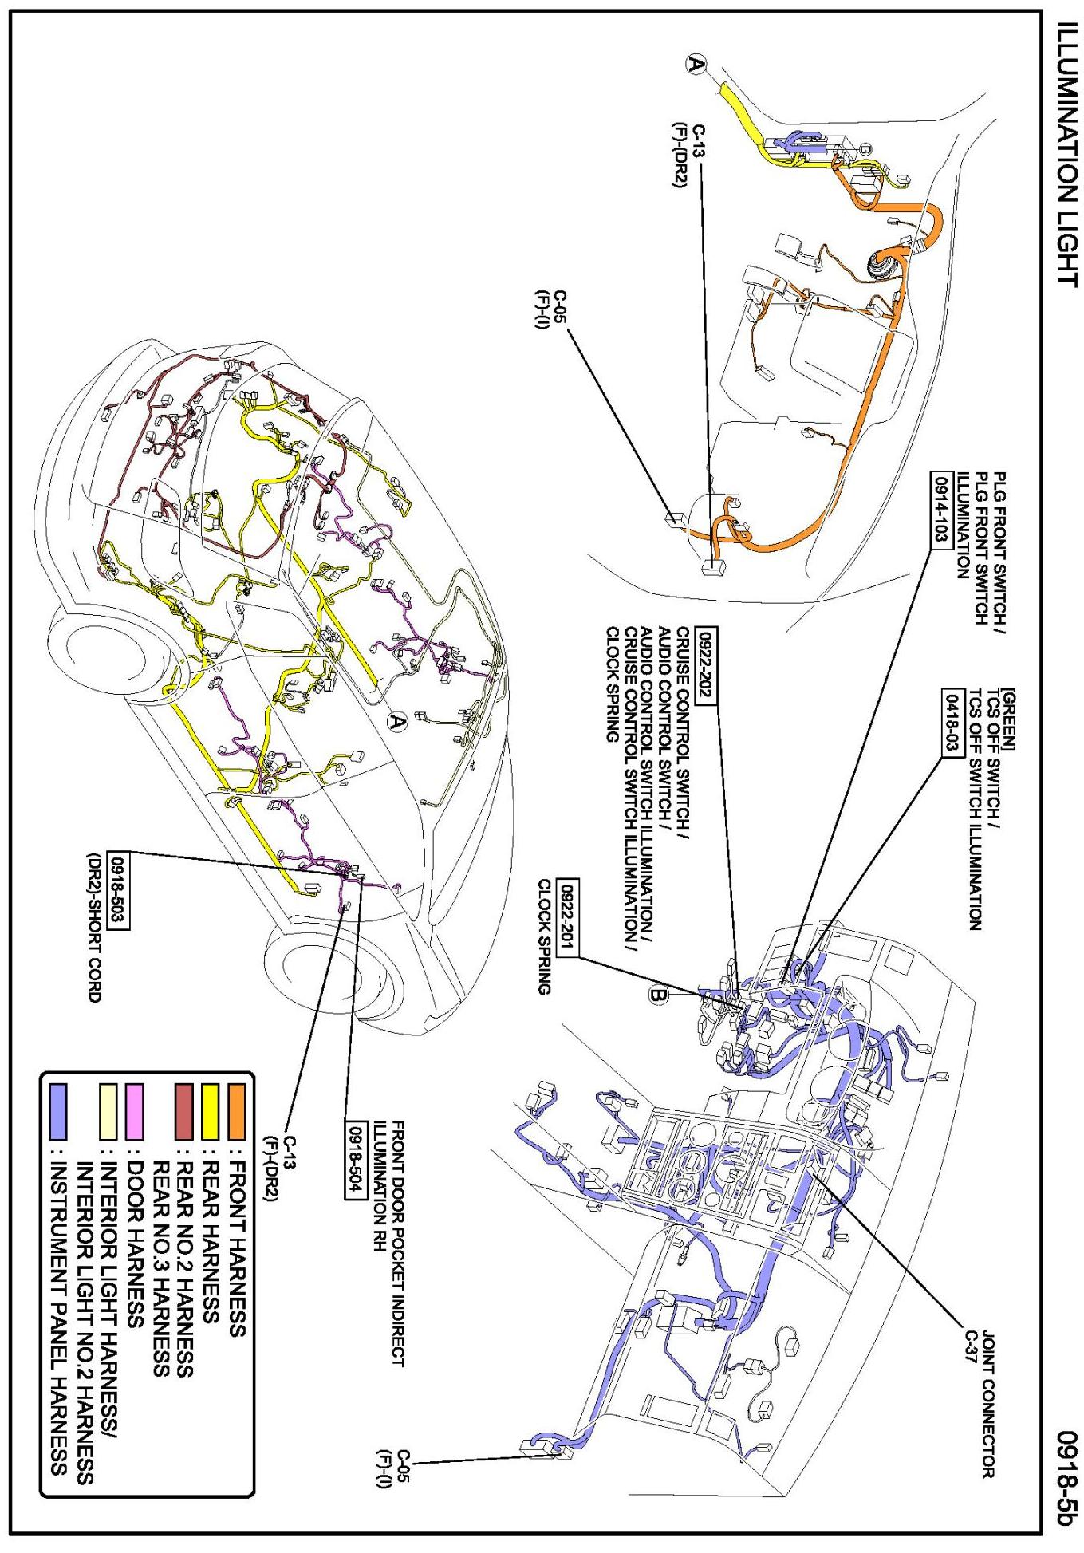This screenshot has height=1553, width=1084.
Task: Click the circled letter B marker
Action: coord(659,996)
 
